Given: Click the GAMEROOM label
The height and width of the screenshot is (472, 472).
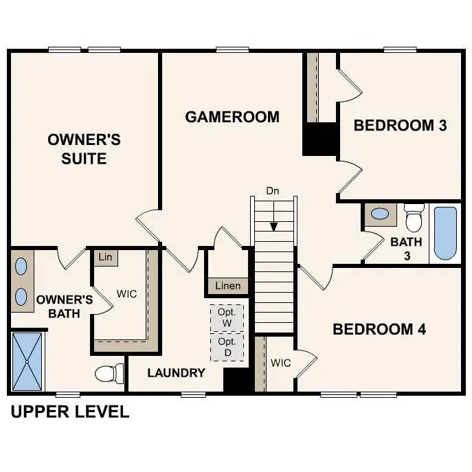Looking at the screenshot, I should click(232, 117).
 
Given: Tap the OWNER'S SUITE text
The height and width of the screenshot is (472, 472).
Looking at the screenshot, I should click(84, 149).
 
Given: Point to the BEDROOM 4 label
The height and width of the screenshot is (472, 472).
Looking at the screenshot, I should click(379, 329).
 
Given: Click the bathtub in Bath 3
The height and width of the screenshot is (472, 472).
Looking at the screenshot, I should click(445, 232).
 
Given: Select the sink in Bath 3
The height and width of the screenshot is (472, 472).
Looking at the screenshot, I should click(379, 214).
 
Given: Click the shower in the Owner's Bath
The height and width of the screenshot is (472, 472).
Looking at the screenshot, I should click(27, 361).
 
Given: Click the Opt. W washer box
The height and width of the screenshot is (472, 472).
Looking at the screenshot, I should click(227, 317).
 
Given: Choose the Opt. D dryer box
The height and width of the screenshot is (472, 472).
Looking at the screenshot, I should click(227, 347).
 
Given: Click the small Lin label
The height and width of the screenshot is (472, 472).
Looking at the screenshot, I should click(105, 257).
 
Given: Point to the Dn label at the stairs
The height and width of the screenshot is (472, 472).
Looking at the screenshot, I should click(273, 192).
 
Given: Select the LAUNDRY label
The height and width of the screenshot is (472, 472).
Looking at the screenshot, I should click(176, 373).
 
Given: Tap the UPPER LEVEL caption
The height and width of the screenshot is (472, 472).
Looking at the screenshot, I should click(69, 412).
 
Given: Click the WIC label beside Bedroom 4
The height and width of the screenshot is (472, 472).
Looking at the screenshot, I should click(281, 363).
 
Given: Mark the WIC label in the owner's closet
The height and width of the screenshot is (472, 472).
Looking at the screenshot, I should click(126, 294).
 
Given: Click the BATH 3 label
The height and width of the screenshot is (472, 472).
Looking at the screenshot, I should click(406, 249).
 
